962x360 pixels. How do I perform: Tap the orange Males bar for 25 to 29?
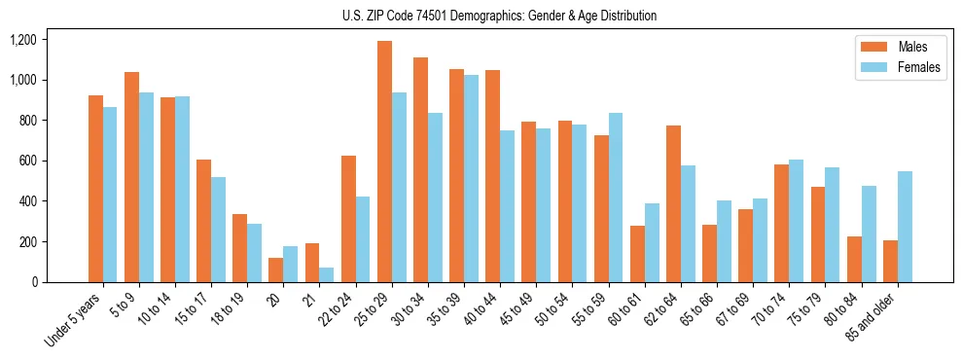click(385, 162)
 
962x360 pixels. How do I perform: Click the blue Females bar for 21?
click(327, 274)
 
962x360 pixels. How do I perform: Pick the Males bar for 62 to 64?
click(674, 203)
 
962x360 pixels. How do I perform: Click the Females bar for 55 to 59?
click(616, 198)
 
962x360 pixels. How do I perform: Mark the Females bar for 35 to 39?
click(471, 178)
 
